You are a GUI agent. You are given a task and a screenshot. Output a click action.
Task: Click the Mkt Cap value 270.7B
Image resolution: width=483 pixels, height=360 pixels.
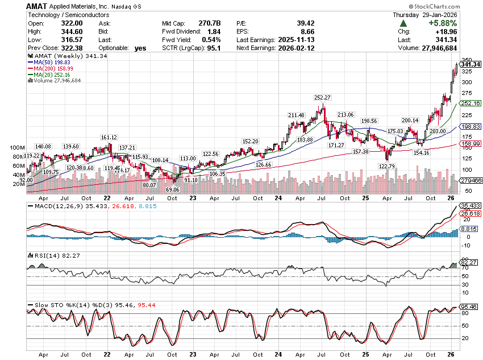[x=211, y=23]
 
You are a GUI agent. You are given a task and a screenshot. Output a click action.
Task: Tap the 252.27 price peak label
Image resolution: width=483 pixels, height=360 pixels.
[x=322, y=97]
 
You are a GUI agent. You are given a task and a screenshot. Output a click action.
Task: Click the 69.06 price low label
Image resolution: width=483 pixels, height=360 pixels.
[x=172, y=189]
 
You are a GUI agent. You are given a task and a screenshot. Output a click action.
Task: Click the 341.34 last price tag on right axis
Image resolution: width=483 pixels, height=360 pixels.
[x=472, y=64]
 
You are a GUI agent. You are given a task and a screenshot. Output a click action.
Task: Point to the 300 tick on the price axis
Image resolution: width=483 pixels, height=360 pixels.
[x=467, y=82]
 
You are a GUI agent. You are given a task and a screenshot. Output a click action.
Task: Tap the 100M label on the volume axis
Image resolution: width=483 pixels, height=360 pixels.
[x=17, y=148]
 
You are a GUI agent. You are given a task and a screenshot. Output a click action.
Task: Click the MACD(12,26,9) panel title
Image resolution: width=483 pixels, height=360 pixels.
[x=53, y=206]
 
